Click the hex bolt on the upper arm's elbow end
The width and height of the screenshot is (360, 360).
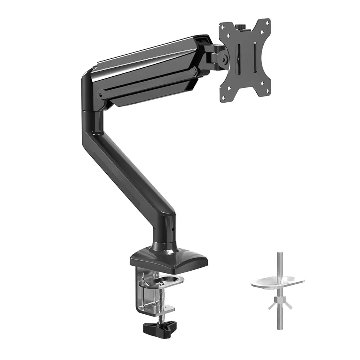click(x=100, y=95)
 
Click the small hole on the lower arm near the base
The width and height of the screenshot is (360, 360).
click(x=173, y=228)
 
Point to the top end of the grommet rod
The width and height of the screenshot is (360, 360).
click(x=279, y=254)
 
